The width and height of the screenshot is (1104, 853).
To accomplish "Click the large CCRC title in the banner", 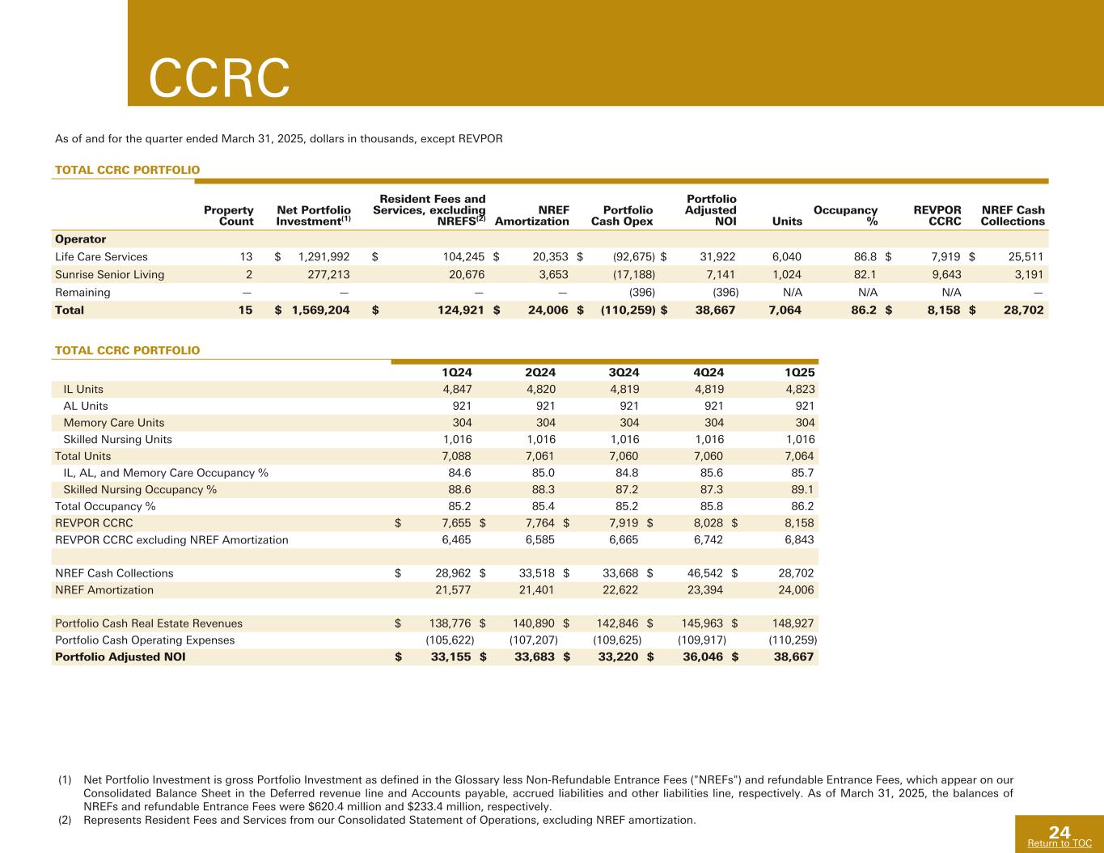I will point(219,78).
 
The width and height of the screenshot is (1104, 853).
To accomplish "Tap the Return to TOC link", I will point(1059,843).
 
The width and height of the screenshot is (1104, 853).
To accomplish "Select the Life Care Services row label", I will point(101,257).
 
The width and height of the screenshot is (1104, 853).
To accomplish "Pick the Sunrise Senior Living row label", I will point(109,275).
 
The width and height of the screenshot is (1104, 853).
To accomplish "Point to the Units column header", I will point(787,222).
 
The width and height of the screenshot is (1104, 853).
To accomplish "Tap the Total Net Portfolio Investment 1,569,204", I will point(320,310).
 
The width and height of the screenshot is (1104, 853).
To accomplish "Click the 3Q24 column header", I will point(624,373).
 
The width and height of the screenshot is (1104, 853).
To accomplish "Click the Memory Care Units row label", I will point(114,423).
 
